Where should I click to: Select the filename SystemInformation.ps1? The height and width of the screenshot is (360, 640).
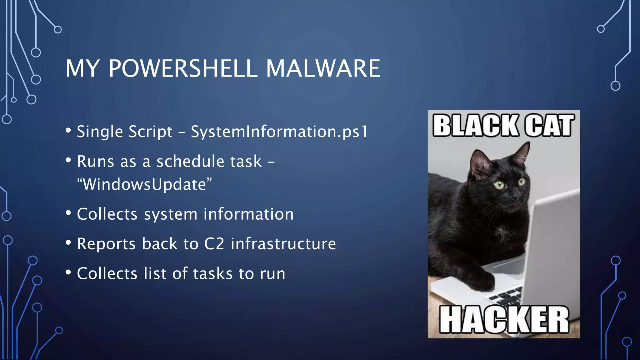pyautogui.click(x=279, y=132)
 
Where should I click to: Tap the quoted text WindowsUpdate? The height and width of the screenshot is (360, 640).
pyautogui.click(x=144, y=184)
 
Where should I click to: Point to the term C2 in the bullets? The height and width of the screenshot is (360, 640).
pyautogui.click(x=214, y=244)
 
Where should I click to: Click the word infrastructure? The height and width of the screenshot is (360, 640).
pyautogui.click(x=283, y=244)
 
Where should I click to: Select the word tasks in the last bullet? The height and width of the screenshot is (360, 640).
pyautogui.click(x=213, y=273)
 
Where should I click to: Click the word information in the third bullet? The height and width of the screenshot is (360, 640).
pyautogui.click(x=248, y=214)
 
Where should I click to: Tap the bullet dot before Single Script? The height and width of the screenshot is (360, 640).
pyautogui.click(x=68, y=131)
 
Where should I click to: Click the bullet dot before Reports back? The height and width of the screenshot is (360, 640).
pyautogui.click(x=68, y=243)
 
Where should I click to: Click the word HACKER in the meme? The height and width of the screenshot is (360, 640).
pyautogui.click(x=504, y=319)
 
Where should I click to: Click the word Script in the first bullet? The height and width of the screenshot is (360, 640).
pyautogui.click(x=150, y=132)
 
